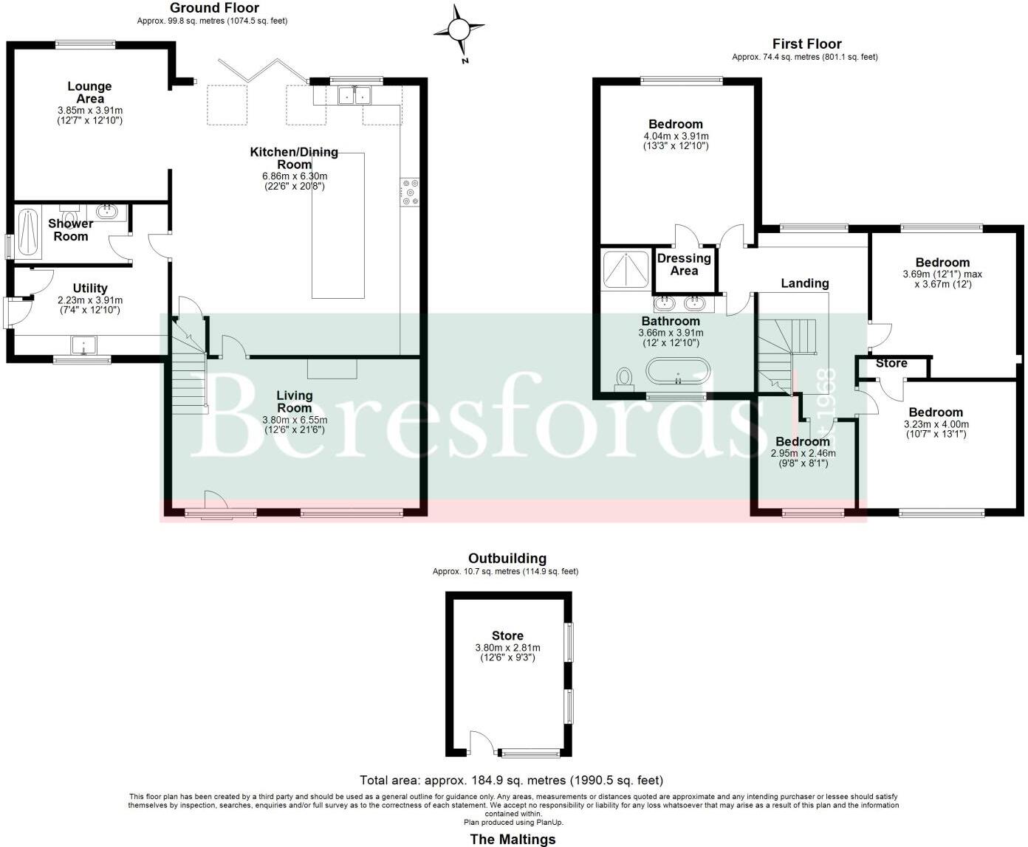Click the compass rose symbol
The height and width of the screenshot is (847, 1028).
pos(459,30)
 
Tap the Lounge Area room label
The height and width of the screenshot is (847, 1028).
pos(90,93)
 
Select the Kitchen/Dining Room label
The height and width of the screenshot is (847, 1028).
pos(294,158)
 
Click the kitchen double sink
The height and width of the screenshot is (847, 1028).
pos(354,96)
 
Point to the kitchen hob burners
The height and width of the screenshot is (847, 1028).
pos(409,192)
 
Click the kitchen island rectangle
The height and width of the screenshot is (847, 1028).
pos(338,225)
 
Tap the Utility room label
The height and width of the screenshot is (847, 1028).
pos(90,288)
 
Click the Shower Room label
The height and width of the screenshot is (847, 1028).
pos(71,229)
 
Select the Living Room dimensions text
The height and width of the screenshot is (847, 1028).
pos(295,425)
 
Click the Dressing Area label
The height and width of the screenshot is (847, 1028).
pos(684,264)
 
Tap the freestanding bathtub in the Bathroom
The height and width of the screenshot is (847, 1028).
pos(677,371)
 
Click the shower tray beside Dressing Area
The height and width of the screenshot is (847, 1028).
pos(626,269)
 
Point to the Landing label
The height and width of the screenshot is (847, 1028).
pos(805,283)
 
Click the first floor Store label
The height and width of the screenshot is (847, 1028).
pos(891,363)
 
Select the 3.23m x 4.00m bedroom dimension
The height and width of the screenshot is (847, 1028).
pos(936,429)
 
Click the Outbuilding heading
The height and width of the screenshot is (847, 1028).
pos(507,559)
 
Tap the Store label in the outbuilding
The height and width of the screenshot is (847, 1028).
pos(507,636)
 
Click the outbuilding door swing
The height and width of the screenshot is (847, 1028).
pos(481,741)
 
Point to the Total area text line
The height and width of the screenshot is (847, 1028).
pos(511,780)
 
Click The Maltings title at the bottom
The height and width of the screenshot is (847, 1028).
pos(513,839)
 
